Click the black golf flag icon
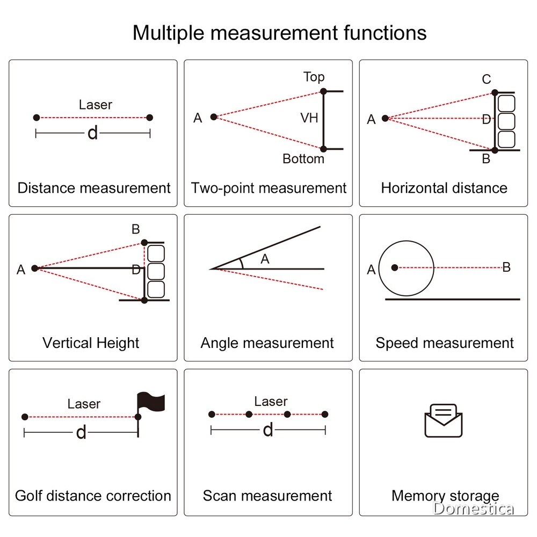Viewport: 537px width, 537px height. [151, 402]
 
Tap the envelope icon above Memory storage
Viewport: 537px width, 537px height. [444, 421]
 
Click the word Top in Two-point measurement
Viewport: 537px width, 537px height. [314, 77]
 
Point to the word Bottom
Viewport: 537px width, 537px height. [303, 158]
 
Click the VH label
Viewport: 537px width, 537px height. [309, 118]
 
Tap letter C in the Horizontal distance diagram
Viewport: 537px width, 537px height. [487, 79]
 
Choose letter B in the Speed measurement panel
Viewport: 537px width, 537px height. [506, 267]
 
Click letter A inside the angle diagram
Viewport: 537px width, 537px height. [265, 259]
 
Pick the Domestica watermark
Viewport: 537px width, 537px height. [473, 509]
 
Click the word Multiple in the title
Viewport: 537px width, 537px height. [169, 33]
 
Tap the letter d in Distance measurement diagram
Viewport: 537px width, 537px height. [93, 133]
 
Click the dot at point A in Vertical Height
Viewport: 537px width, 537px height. [34, 268]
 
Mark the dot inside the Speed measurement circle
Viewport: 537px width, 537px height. [395, 267]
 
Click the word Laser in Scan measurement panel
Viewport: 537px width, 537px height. [271, 401]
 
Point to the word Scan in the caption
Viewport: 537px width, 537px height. [220, 496]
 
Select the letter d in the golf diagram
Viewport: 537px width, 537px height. [81, 432]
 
